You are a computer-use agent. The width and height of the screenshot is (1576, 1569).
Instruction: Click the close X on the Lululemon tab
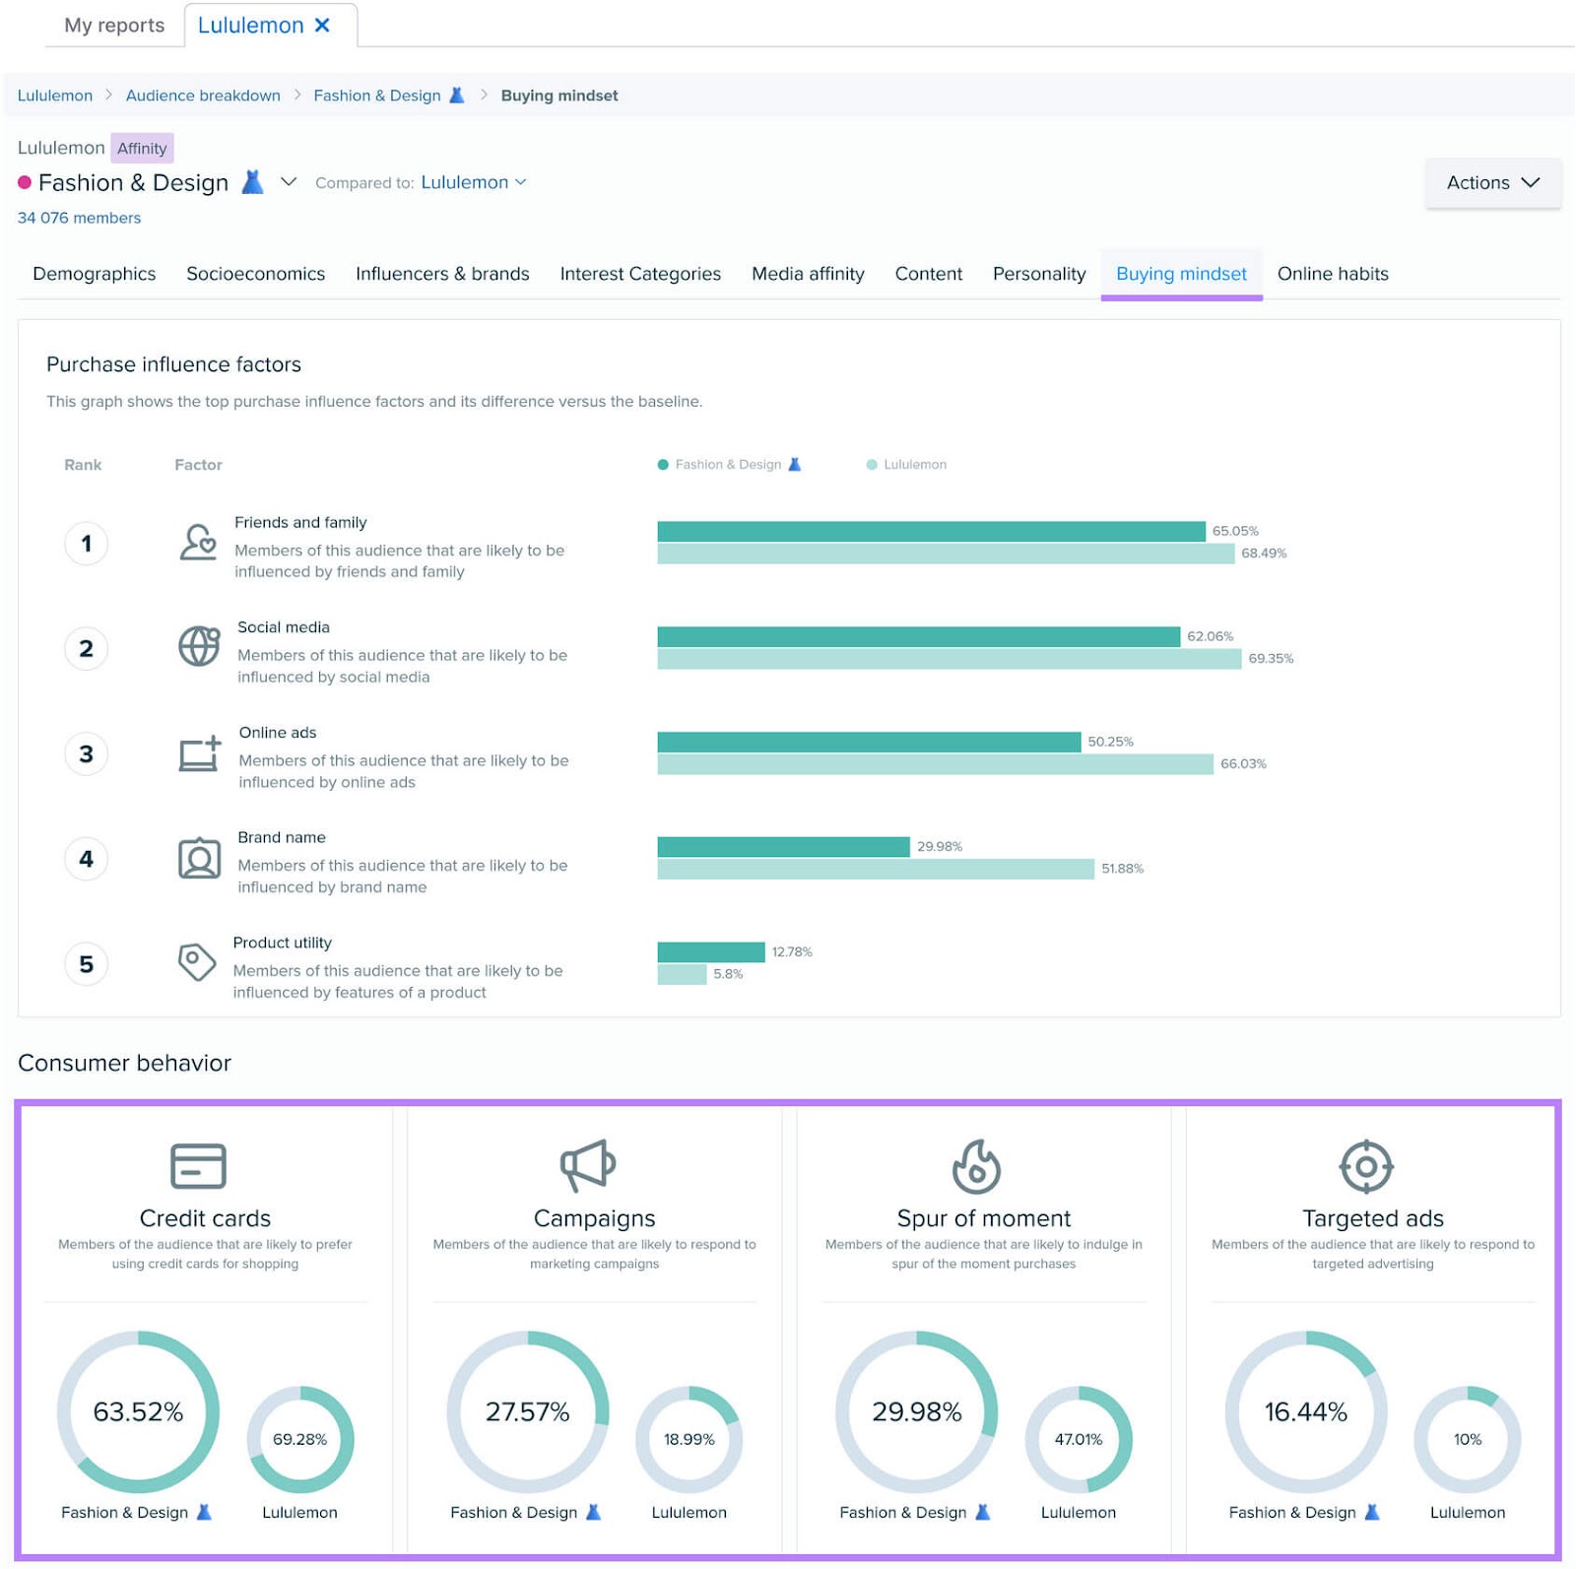pos(322,26)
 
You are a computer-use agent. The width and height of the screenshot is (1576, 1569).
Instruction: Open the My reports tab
pos(114,26)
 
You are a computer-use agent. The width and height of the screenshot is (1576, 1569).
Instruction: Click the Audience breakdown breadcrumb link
pos(203,96)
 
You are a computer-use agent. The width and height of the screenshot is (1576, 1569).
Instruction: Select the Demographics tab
pos(95,274)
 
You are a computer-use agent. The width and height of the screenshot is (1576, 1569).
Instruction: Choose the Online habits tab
pos(1332,274)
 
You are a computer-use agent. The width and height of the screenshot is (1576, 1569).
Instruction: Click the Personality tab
pos(1038,274)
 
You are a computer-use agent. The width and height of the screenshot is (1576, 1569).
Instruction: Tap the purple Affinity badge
pos(142,149)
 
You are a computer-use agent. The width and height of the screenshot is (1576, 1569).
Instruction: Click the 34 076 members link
pos(79,218)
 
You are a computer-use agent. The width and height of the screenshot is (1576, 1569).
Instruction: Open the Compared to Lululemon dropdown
pos(473,182)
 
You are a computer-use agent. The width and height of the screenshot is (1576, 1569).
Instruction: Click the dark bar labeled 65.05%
pos(931,532)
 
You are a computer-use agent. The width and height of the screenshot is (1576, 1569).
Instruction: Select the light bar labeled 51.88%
pos(875,869)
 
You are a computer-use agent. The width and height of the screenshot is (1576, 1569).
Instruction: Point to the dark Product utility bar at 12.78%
pos(710,951)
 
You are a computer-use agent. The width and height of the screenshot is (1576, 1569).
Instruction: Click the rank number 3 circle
pos(87,754)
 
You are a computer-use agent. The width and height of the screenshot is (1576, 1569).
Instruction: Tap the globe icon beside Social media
pos(199,647)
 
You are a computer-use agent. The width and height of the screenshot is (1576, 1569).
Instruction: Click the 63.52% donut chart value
pos(138,1411)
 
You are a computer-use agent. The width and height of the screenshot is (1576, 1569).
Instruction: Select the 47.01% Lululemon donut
pos(1078,1439)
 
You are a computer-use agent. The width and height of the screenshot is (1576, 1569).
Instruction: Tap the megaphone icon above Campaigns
pos(588,1165)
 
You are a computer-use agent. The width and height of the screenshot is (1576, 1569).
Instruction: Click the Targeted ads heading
pos(1372,1218)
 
